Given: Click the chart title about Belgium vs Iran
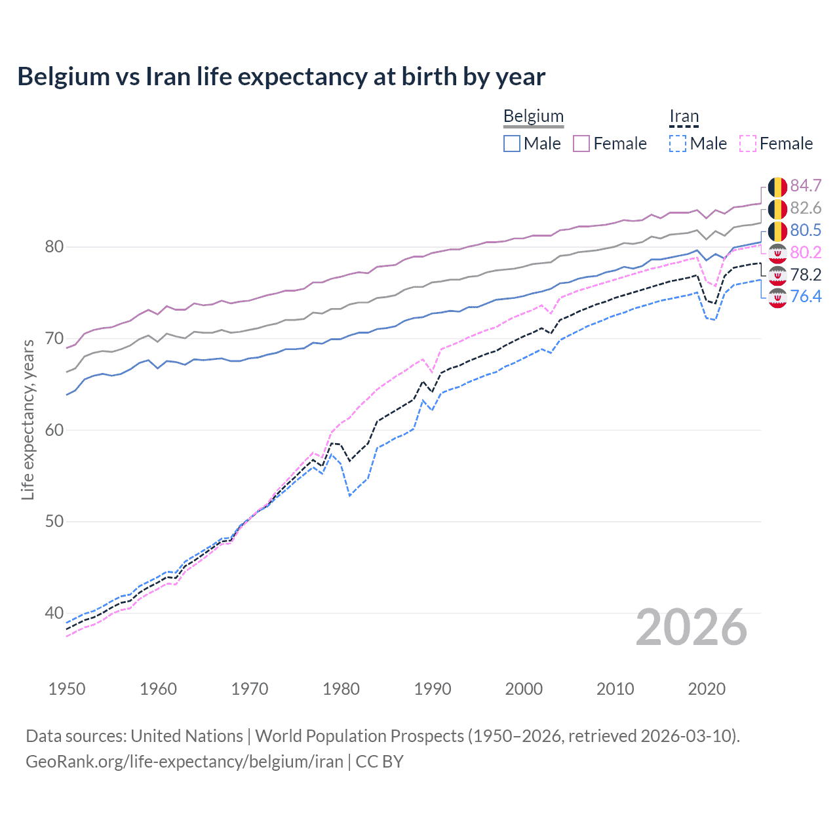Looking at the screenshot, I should (281, 77).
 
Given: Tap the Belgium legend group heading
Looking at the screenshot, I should (533, 117).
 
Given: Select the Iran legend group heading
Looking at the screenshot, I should (684, 117).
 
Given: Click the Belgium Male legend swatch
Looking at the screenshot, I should (512, 144).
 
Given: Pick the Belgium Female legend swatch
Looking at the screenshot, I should (581, 144).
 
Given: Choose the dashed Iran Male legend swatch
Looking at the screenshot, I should (678, 144).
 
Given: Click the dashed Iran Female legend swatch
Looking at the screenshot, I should (748, 144).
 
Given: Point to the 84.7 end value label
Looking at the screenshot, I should (806, 186).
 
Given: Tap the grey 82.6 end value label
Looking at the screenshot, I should (806, 208).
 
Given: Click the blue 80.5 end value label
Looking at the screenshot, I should (806, 230).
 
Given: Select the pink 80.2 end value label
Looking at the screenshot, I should (806, 252).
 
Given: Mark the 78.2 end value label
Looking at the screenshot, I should (806, 275).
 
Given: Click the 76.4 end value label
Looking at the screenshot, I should (806, 297).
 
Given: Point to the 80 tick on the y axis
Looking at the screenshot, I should (54, 247).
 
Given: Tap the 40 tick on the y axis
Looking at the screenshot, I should (54, 614).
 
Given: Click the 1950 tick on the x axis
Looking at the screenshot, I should (67, 689).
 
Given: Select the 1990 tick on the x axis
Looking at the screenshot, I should (433, 689).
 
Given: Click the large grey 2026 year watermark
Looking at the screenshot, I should (691, 628).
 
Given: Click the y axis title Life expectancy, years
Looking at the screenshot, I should (28, 419).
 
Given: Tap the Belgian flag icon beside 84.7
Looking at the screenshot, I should (777, 187).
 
